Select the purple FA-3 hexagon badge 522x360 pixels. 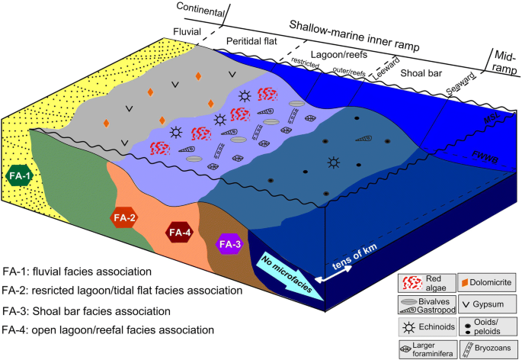229,244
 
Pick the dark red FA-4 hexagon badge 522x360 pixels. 180,232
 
